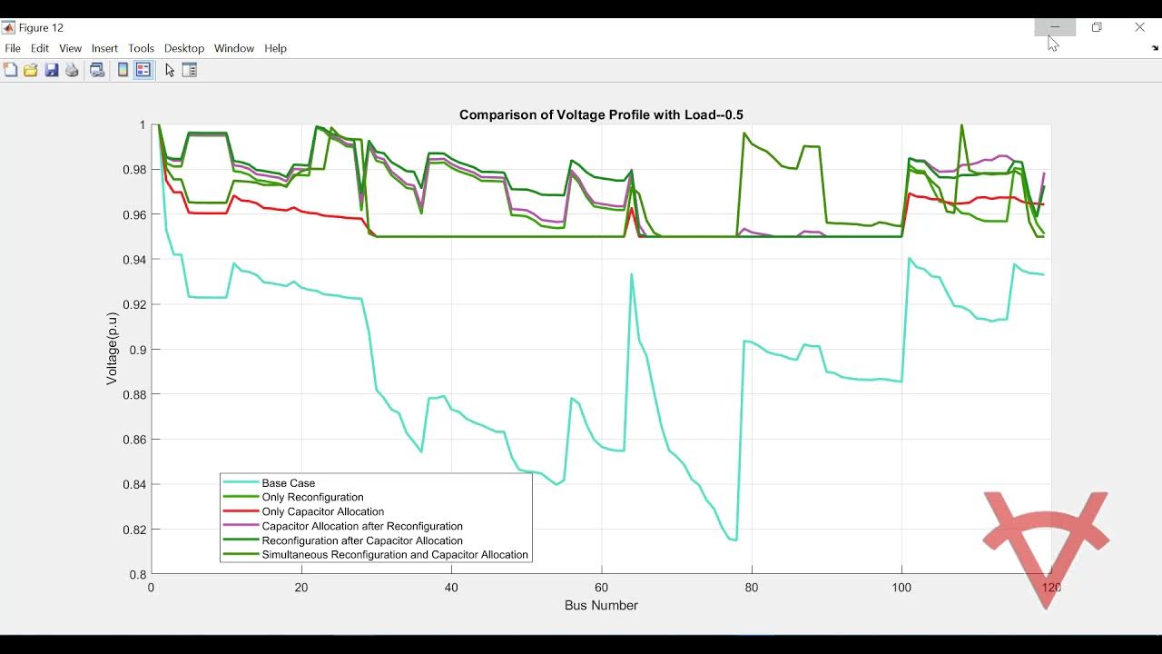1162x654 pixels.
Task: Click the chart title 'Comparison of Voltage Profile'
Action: (601, 114)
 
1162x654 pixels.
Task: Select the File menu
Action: (13, 48)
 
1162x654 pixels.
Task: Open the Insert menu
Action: (104, 48)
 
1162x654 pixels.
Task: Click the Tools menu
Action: (141, 48)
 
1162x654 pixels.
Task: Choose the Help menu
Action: (275, 48)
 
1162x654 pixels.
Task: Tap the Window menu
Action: (234, 48)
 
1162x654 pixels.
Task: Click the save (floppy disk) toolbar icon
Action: (52, 70)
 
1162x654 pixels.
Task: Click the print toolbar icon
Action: (72, 70)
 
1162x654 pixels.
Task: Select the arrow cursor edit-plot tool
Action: (169, 70)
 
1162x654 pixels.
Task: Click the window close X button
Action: (1139, 27)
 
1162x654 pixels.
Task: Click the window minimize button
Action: (1055, 27)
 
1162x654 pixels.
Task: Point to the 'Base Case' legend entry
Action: (288, 483)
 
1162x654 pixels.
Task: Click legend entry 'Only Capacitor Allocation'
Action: (322, 511)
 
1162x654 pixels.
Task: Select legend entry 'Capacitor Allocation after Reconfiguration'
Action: (361, 526)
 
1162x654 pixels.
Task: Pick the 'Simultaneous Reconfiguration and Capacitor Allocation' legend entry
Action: (394, 555)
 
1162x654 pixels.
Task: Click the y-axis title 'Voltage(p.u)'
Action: (112, 349)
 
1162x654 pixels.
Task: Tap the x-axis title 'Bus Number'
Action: (601, 605)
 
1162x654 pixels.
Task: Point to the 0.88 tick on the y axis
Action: (133, 394)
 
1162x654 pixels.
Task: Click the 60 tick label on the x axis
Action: (601, 587)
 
